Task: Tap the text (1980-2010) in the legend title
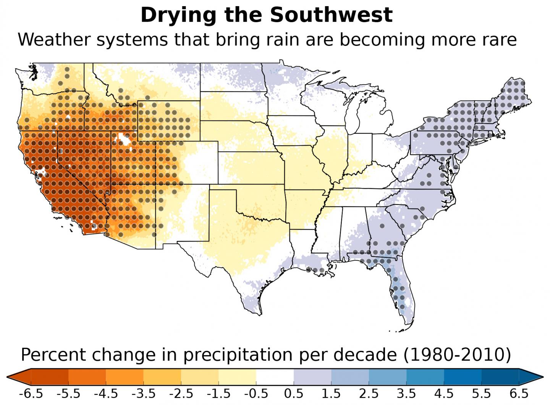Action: [457, 355]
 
